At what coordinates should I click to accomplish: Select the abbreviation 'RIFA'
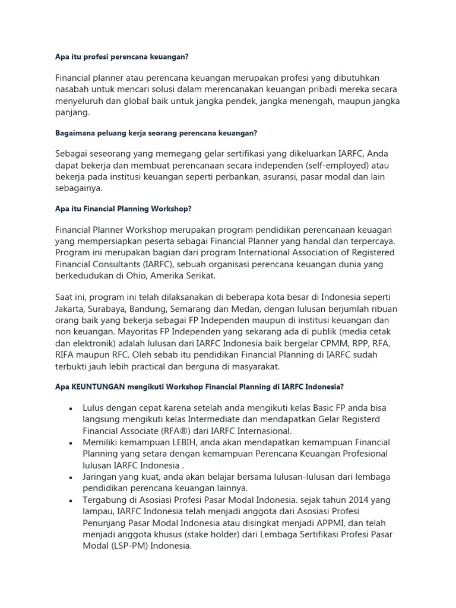(66, 354)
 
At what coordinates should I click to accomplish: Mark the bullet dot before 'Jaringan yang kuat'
(71, 477)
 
